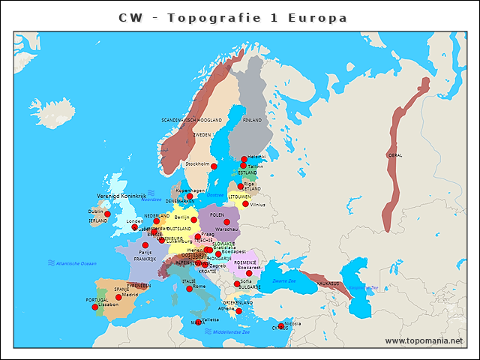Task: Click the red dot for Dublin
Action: point(107,214)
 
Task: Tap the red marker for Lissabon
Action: point(94,307)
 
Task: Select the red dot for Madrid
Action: point(118,298)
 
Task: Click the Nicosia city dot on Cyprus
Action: point(280,325)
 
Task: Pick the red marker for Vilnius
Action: point(245,203)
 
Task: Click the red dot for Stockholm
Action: point(214,166)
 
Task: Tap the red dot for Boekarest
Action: point(249,273)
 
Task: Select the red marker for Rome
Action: point(189,288)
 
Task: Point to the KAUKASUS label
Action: point(328,284)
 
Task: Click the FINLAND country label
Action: point(252,120)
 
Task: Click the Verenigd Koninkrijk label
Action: point(121,196)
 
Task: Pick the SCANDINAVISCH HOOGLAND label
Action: point(191,120)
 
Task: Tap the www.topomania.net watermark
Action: point(424,340)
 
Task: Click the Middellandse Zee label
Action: point(232,331)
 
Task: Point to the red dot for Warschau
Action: point(226,222)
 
